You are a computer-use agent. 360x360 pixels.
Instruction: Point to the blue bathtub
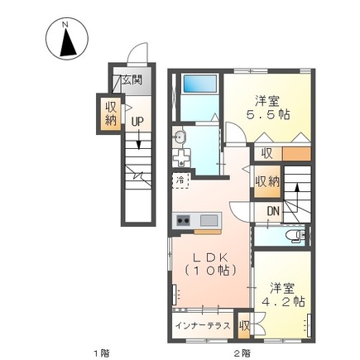pyautogui.click(x=199, y=83)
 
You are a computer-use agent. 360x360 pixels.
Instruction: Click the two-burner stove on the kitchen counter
pyautogui.click(x=184, y=220)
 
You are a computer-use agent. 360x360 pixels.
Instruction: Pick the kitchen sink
pyautogui.click(x=209, y=220)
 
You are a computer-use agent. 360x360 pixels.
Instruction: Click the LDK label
pyautogui.click(x=209, y=255)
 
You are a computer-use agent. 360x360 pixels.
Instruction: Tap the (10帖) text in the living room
pyautogui.click(x=208, y=271)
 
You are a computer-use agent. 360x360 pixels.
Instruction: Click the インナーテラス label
pyautogui.click(x=202, y=325)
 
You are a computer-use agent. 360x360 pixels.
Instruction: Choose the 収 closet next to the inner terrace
pyautogui.click(x=244, y=325)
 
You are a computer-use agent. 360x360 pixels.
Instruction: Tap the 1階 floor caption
pyautogui.click(x=100, y=353)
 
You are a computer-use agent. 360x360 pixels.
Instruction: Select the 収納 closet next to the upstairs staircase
pyautogui.click(x=267, y=180)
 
